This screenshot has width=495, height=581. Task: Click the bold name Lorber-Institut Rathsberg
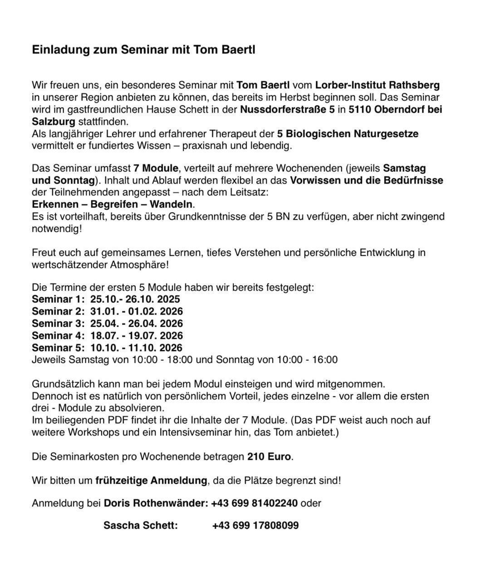coord(377,85)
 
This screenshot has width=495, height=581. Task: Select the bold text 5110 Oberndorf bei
coord(395,109)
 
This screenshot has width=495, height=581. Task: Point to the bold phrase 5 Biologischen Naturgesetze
coord(348,134)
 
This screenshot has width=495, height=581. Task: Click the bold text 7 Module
coord(155,168)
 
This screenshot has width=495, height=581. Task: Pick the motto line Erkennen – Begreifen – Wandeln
coord(112,204)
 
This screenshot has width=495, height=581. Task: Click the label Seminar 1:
coord(58,299)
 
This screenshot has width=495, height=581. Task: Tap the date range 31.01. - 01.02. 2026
coord(137,311)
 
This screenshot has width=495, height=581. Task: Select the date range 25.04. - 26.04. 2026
coord(137,324)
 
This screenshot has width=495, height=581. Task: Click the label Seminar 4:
coord(58,336)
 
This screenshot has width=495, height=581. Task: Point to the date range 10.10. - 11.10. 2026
coord(137,348)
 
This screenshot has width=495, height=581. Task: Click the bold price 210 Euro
coord(269,457)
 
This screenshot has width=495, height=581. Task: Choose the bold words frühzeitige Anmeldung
coord(151,480)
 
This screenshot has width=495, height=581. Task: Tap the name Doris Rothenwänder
coord(154,503)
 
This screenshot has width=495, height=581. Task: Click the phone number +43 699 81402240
coord(255,503)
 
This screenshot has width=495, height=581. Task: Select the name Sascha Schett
coord(140,526)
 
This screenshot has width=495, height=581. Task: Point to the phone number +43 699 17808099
coord(255,526)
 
